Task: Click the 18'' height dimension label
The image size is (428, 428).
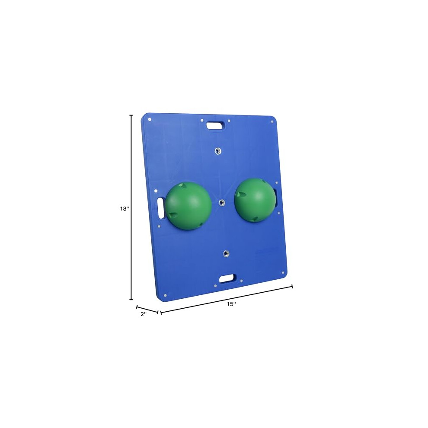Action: tap(124, 208)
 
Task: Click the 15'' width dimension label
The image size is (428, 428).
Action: tap(231, 304)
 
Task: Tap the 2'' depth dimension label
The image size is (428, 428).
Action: tap(144, 314)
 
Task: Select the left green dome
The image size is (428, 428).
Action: tap(188, 206)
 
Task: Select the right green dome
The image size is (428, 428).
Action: tap(255, 200)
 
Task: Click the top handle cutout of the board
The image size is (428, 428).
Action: tap(216, 125)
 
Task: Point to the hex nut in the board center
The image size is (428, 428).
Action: tap(222, 202)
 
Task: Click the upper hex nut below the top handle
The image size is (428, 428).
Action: tap(217, 150)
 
